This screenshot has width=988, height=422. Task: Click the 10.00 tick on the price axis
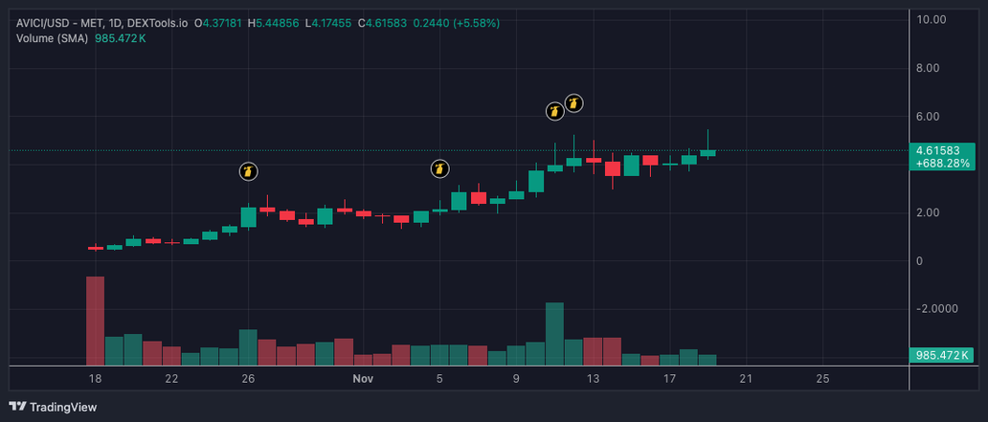[932, 19]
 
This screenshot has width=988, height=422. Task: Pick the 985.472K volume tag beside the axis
[942, 356]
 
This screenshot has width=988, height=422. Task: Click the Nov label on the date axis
[362, 379]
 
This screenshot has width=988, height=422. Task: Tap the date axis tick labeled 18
[94, 379]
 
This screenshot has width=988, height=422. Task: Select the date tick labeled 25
[822, 379]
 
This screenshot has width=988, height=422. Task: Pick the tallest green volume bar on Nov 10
[554, 334]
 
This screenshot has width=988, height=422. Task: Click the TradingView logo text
[62, 407]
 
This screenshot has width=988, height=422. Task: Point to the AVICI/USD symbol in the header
[45, 21]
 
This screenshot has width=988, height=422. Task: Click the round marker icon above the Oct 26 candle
[249, 172]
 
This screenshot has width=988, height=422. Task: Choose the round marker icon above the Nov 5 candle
[439, 169]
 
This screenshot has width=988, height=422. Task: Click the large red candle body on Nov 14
[613, 168]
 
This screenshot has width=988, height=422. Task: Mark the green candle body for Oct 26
[249, 217]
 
